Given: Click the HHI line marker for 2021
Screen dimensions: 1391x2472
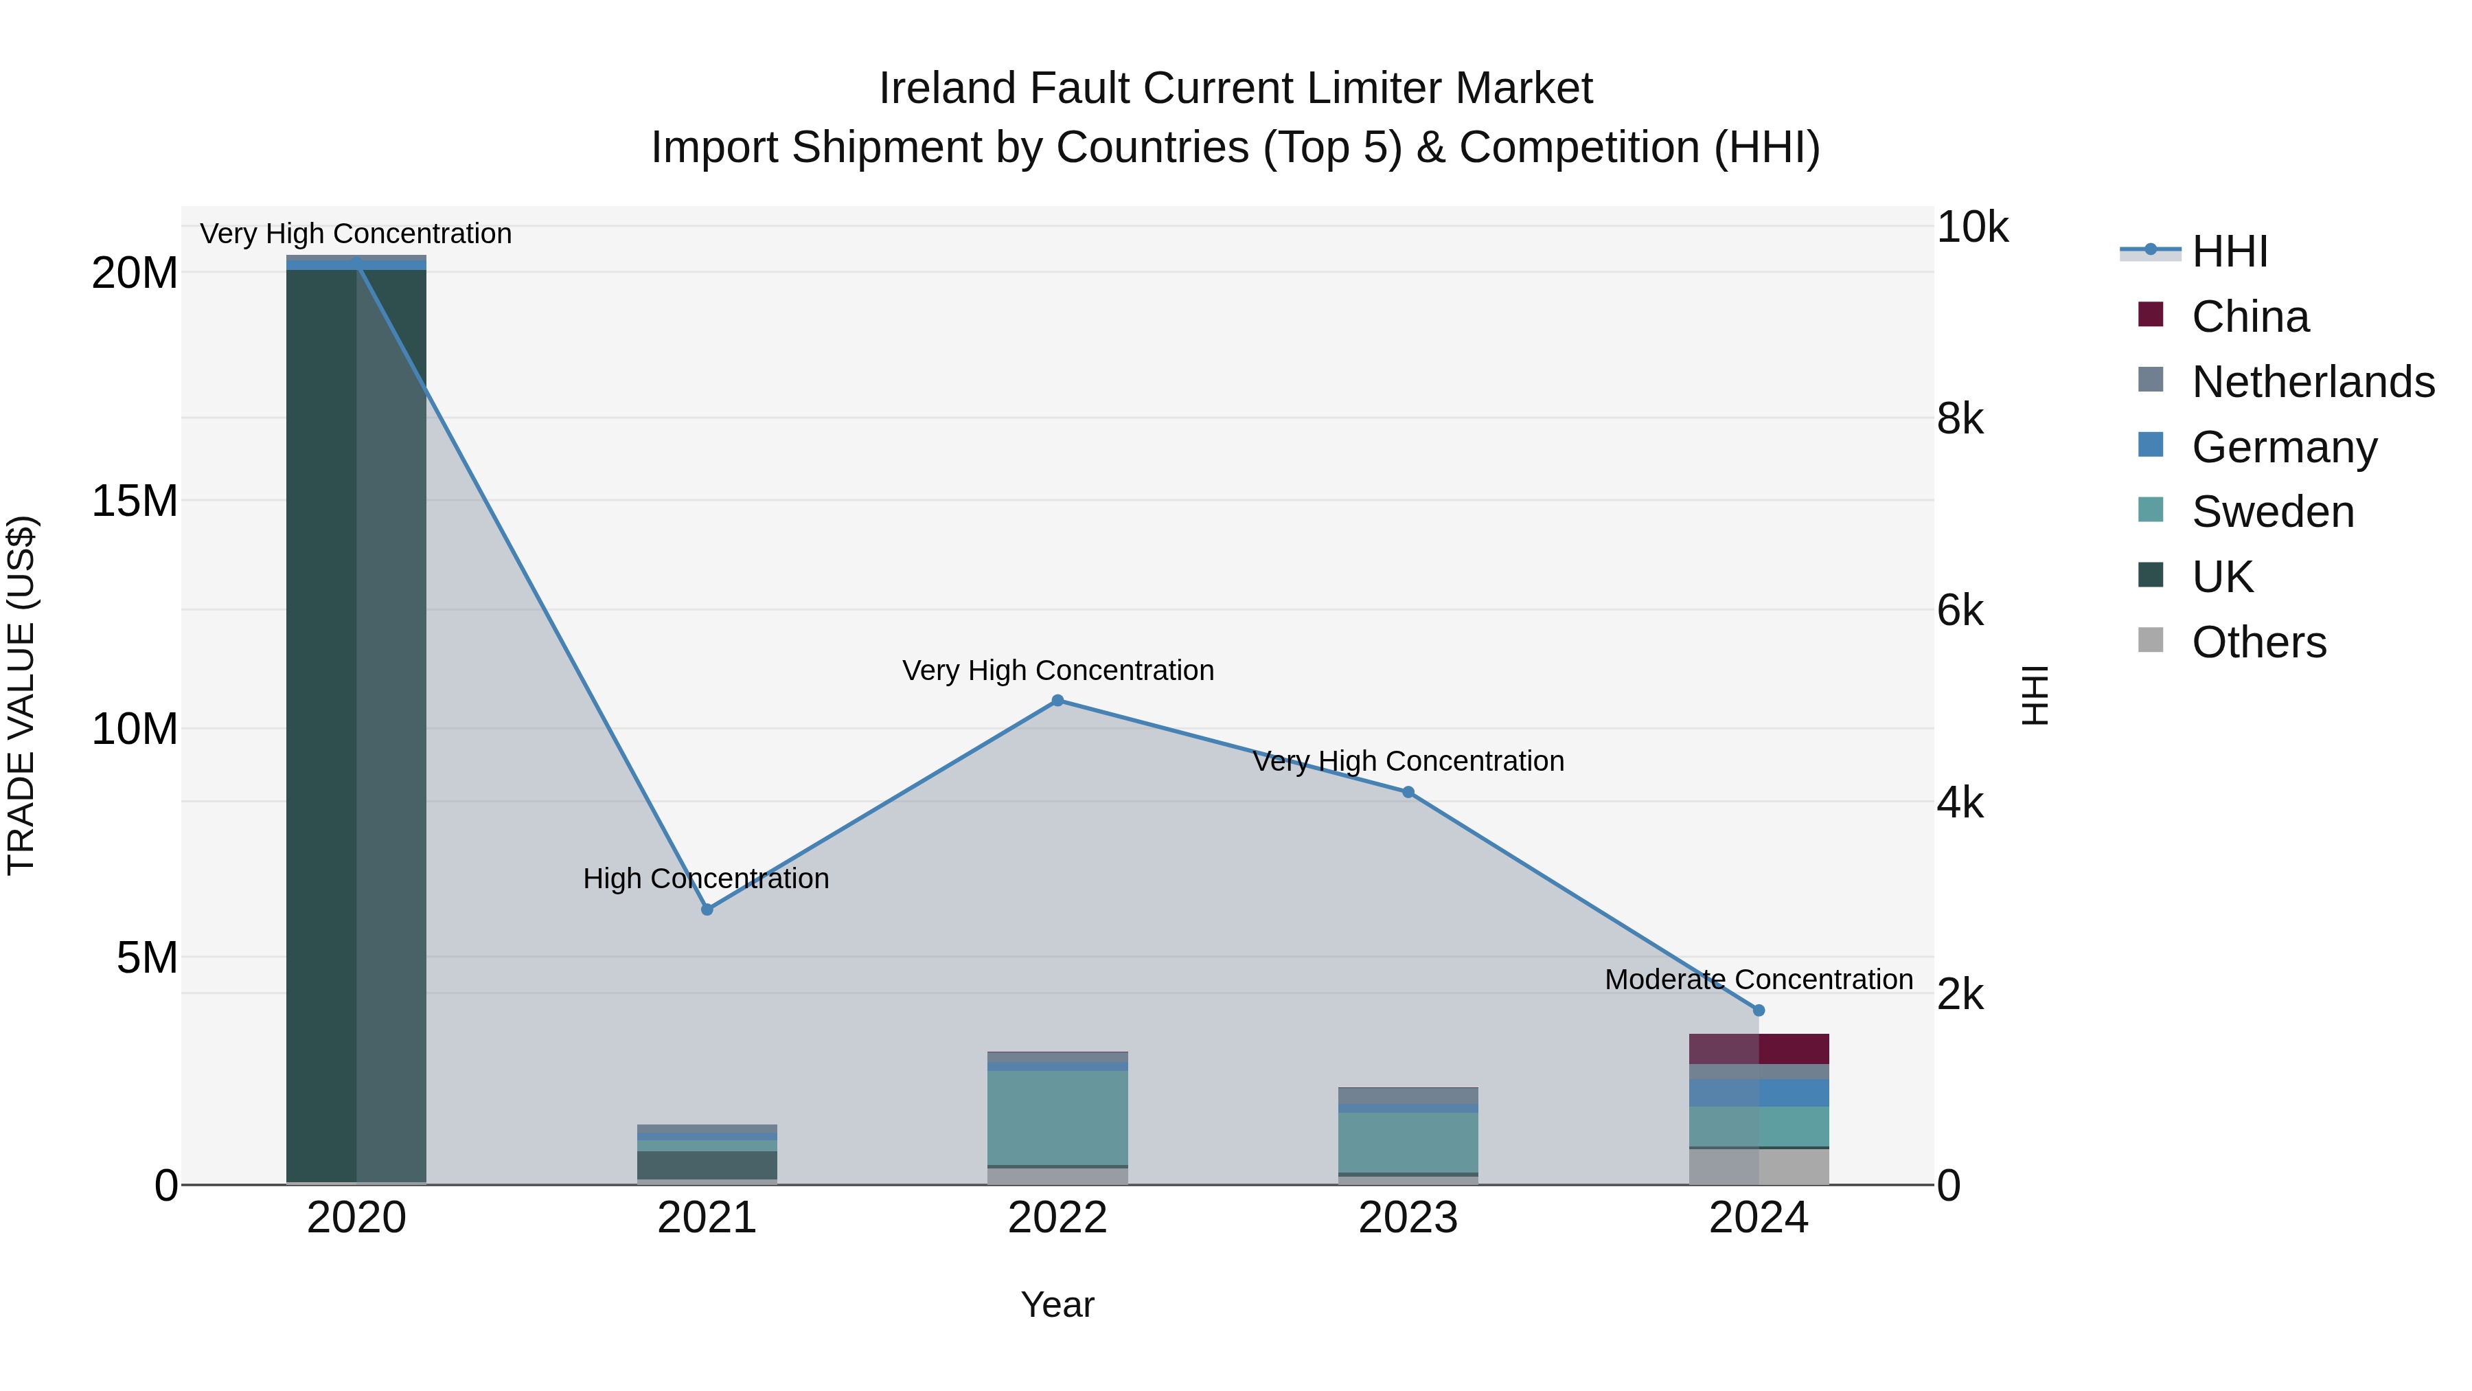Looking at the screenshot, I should (x=707, y=909).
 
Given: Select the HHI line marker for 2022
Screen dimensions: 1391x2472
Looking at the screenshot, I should (x=1057, y=701).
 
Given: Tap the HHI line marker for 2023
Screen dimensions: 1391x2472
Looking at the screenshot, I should (x=1408, y=792).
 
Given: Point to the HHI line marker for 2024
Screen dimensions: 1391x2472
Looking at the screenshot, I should (x=1758, y=1010).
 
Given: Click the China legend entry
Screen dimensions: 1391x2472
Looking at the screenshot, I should (x=2250, y=317).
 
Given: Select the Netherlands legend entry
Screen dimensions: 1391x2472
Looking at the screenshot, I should (x=2313, y=382).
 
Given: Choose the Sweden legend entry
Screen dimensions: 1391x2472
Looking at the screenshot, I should (x=2272, y=512).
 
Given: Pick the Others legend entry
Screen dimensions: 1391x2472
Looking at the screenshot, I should (x=2259, y=642).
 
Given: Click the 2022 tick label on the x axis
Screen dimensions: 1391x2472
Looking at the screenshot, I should (x=1057, y=1218).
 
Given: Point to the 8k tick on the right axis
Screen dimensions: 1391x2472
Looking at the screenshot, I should (x=1960, y=420).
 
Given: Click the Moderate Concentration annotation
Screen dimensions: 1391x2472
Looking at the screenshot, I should (x=1758, y=979).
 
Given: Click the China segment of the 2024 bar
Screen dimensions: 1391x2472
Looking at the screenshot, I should (x=1758, y=1048).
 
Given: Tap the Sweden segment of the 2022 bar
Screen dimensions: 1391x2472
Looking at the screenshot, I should (x=1057, y=1118).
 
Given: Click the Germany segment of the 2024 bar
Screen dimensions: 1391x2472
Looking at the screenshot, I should (x=1758, y=1092).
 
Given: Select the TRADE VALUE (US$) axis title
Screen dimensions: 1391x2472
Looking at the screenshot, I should (x=21, y=695).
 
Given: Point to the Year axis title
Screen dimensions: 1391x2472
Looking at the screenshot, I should (x=1057, y=1304).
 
